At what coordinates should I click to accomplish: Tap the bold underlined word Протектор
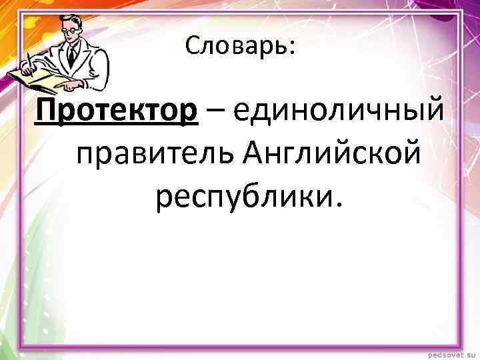pos(117,108)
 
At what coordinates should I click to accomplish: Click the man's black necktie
pos(71,55)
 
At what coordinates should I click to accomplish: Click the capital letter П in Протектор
pos(48,108)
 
